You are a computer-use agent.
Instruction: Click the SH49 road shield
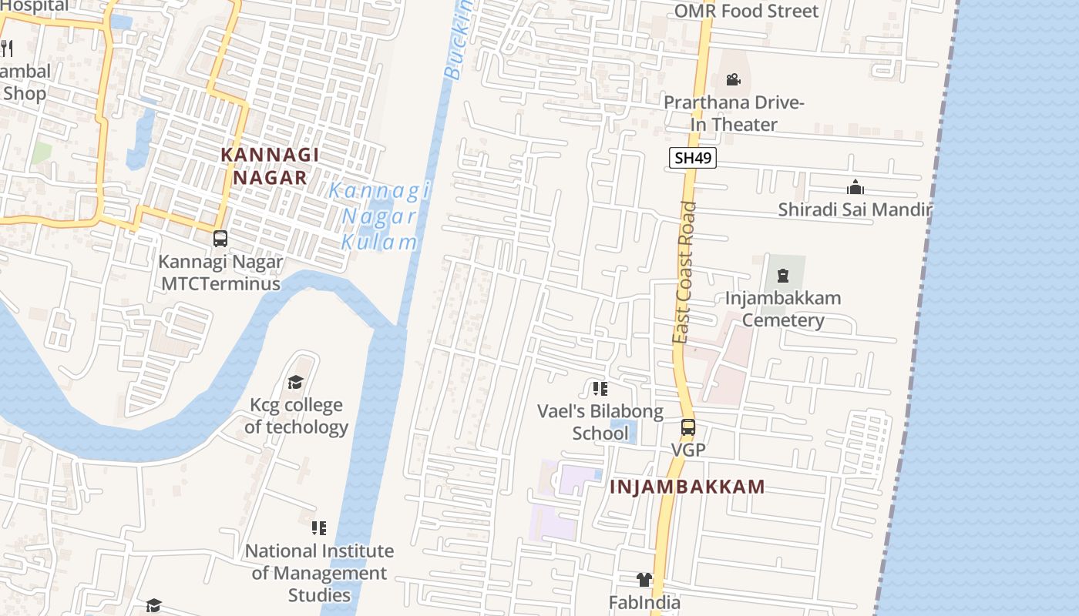[693, 159]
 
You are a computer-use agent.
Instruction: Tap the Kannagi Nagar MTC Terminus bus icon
[220, 239]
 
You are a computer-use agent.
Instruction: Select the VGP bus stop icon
[688, 427]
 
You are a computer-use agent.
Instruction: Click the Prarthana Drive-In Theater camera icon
[733, 79]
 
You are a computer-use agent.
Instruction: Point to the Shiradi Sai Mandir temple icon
[855, 187]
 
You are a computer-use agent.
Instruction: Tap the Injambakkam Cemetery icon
[783, 276]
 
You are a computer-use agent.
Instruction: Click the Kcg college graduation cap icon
[295, 383]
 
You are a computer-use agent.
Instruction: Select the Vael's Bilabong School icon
[600, 389]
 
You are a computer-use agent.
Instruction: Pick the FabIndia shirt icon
[644, 580]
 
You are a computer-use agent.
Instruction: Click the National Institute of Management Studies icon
[319, 528]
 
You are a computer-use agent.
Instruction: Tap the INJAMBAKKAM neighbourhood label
[687, 487]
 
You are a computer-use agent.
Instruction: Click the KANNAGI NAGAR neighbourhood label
[270, 166]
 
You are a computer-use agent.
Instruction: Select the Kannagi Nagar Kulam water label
[379, 216]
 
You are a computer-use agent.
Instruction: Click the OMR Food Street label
[746, 11]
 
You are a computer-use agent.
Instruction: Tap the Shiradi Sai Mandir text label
[855, 209]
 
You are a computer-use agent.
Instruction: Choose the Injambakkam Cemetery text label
[783, 309]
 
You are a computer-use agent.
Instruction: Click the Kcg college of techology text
[296, 416]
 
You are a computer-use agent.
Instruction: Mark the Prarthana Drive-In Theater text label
[734, 113]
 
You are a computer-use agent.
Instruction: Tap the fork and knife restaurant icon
[7, 48]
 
